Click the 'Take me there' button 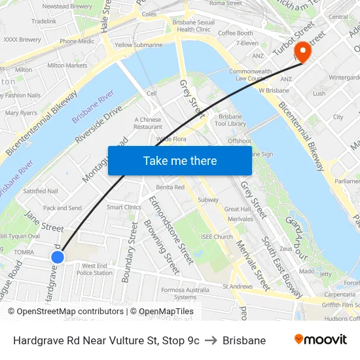coord(180,160)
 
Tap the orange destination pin coord(302,52)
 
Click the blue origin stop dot coord(58,257)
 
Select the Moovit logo coord(321,340)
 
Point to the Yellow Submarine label coord(138,45)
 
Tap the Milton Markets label coord(67,65)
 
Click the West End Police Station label coord(94,269)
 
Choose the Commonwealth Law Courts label coord(251,75)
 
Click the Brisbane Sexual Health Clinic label coord(194,26)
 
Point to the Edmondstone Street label coord(171,230)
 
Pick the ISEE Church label coord(217,237)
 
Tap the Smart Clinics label coord(124,207)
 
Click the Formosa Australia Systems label coord(185,293)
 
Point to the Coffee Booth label coord(235,33)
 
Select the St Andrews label coord(238,286)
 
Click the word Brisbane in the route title coord(244,340)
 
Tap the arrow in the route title coord(211,340)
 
